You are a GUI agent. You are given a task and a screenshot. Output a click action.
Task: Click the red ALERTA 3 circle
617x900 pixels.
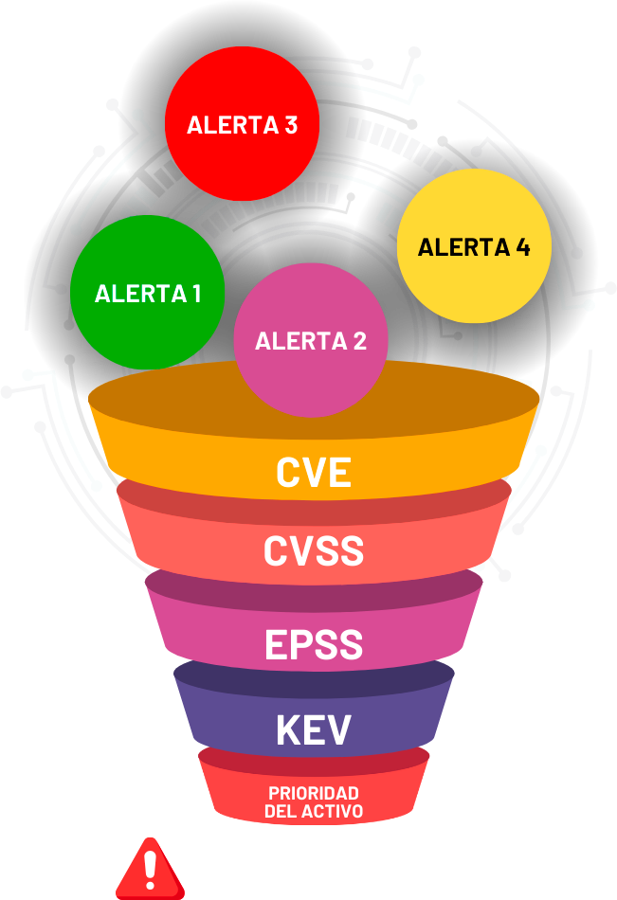click(x=242, y=123)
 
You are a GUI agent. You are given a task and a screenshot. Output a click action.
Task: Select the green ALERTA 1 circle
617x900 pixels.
click(x=147, y=292)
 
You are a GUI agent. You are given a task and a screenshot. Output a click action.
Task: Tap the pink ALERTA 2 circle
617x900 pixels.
click(x=310, y=341)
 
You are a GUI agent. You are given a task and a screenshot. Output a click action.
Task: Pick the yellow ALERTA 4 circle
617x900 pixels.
click(x=474, y=246)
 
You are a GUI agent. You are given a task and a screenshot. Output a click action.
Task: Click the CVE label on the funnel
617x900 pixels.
click(x=314, y=472)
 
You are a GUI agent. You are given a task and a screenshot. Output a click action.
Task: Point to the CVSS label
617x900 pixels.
click(x=314, y=550)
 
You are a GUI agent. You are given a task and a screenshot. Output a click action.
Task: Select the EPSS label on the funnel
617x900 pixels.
click(x=314, y=644)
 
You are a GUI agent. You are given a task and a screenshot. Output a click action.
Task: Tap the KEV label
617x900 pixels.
click(x=314, y=729)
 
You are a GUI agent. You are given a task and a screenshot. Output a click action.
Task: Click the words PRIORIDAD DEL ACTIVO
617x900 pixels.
click(x=314, y=801)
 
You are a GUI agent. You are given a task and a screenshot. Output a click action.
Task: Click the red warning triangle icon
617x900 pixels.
click(x=150, y=870)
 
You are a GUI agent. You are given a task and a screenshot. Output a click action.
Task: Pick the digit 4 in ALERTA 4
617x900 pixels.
click(x=522, y=247)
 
